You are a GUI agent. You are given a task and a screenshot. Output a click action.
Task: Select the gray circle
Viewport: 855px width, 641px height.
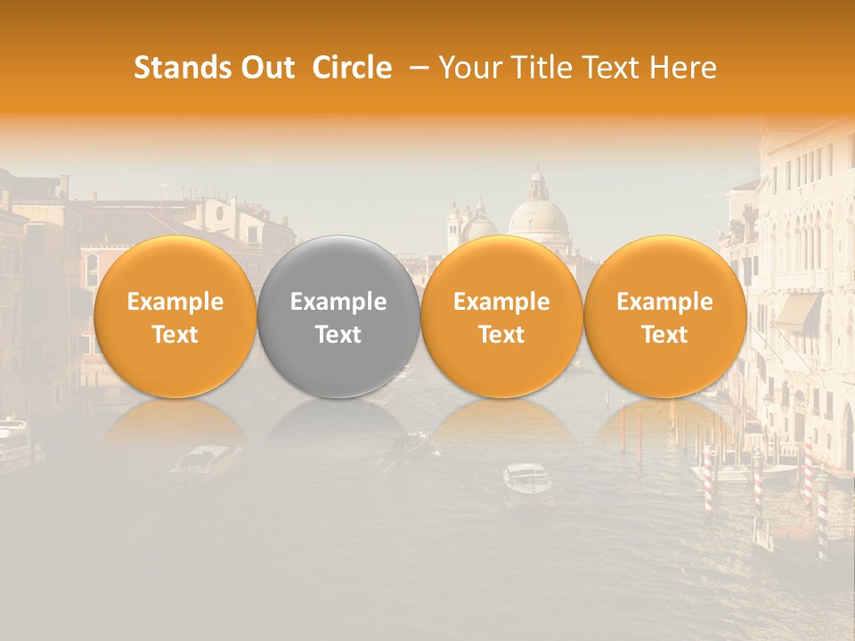tap(338, 316)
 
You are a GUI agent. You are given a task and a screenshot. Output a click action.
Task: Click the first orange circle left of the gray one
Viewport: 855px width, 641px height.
tap(175, 316)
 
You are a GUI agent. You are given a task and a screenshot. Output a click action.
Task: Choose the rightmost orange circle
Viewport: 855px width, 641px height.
tap(664, 316)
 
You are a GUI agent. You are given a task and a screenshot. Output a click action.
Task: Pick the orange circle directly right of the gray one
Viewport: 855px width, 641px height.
tap(501, 316)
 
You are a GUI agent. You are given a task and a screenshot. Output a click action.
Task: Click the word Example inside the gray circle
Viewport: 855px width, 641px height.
tap(338, 302)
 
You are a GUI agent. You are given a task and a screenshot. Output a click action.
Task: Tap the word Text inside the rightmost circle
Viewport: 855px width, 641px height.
tap(664, 335)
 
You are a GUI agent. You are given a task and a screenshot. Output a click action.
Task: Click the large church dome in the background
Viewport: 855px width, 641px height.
tap(538, 216)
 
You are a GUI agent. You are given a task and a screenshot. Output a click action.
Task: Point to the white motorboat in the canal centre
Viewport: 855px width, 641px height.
tap(526, 479)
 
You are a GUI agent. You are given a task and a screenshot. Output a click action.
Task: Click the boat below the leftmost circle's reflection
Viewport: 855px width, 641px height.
tap(204, 461)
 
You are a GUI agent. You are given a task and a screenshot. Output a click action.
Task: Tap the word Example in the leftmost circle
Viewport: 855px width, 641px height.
tap(175, 302)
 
